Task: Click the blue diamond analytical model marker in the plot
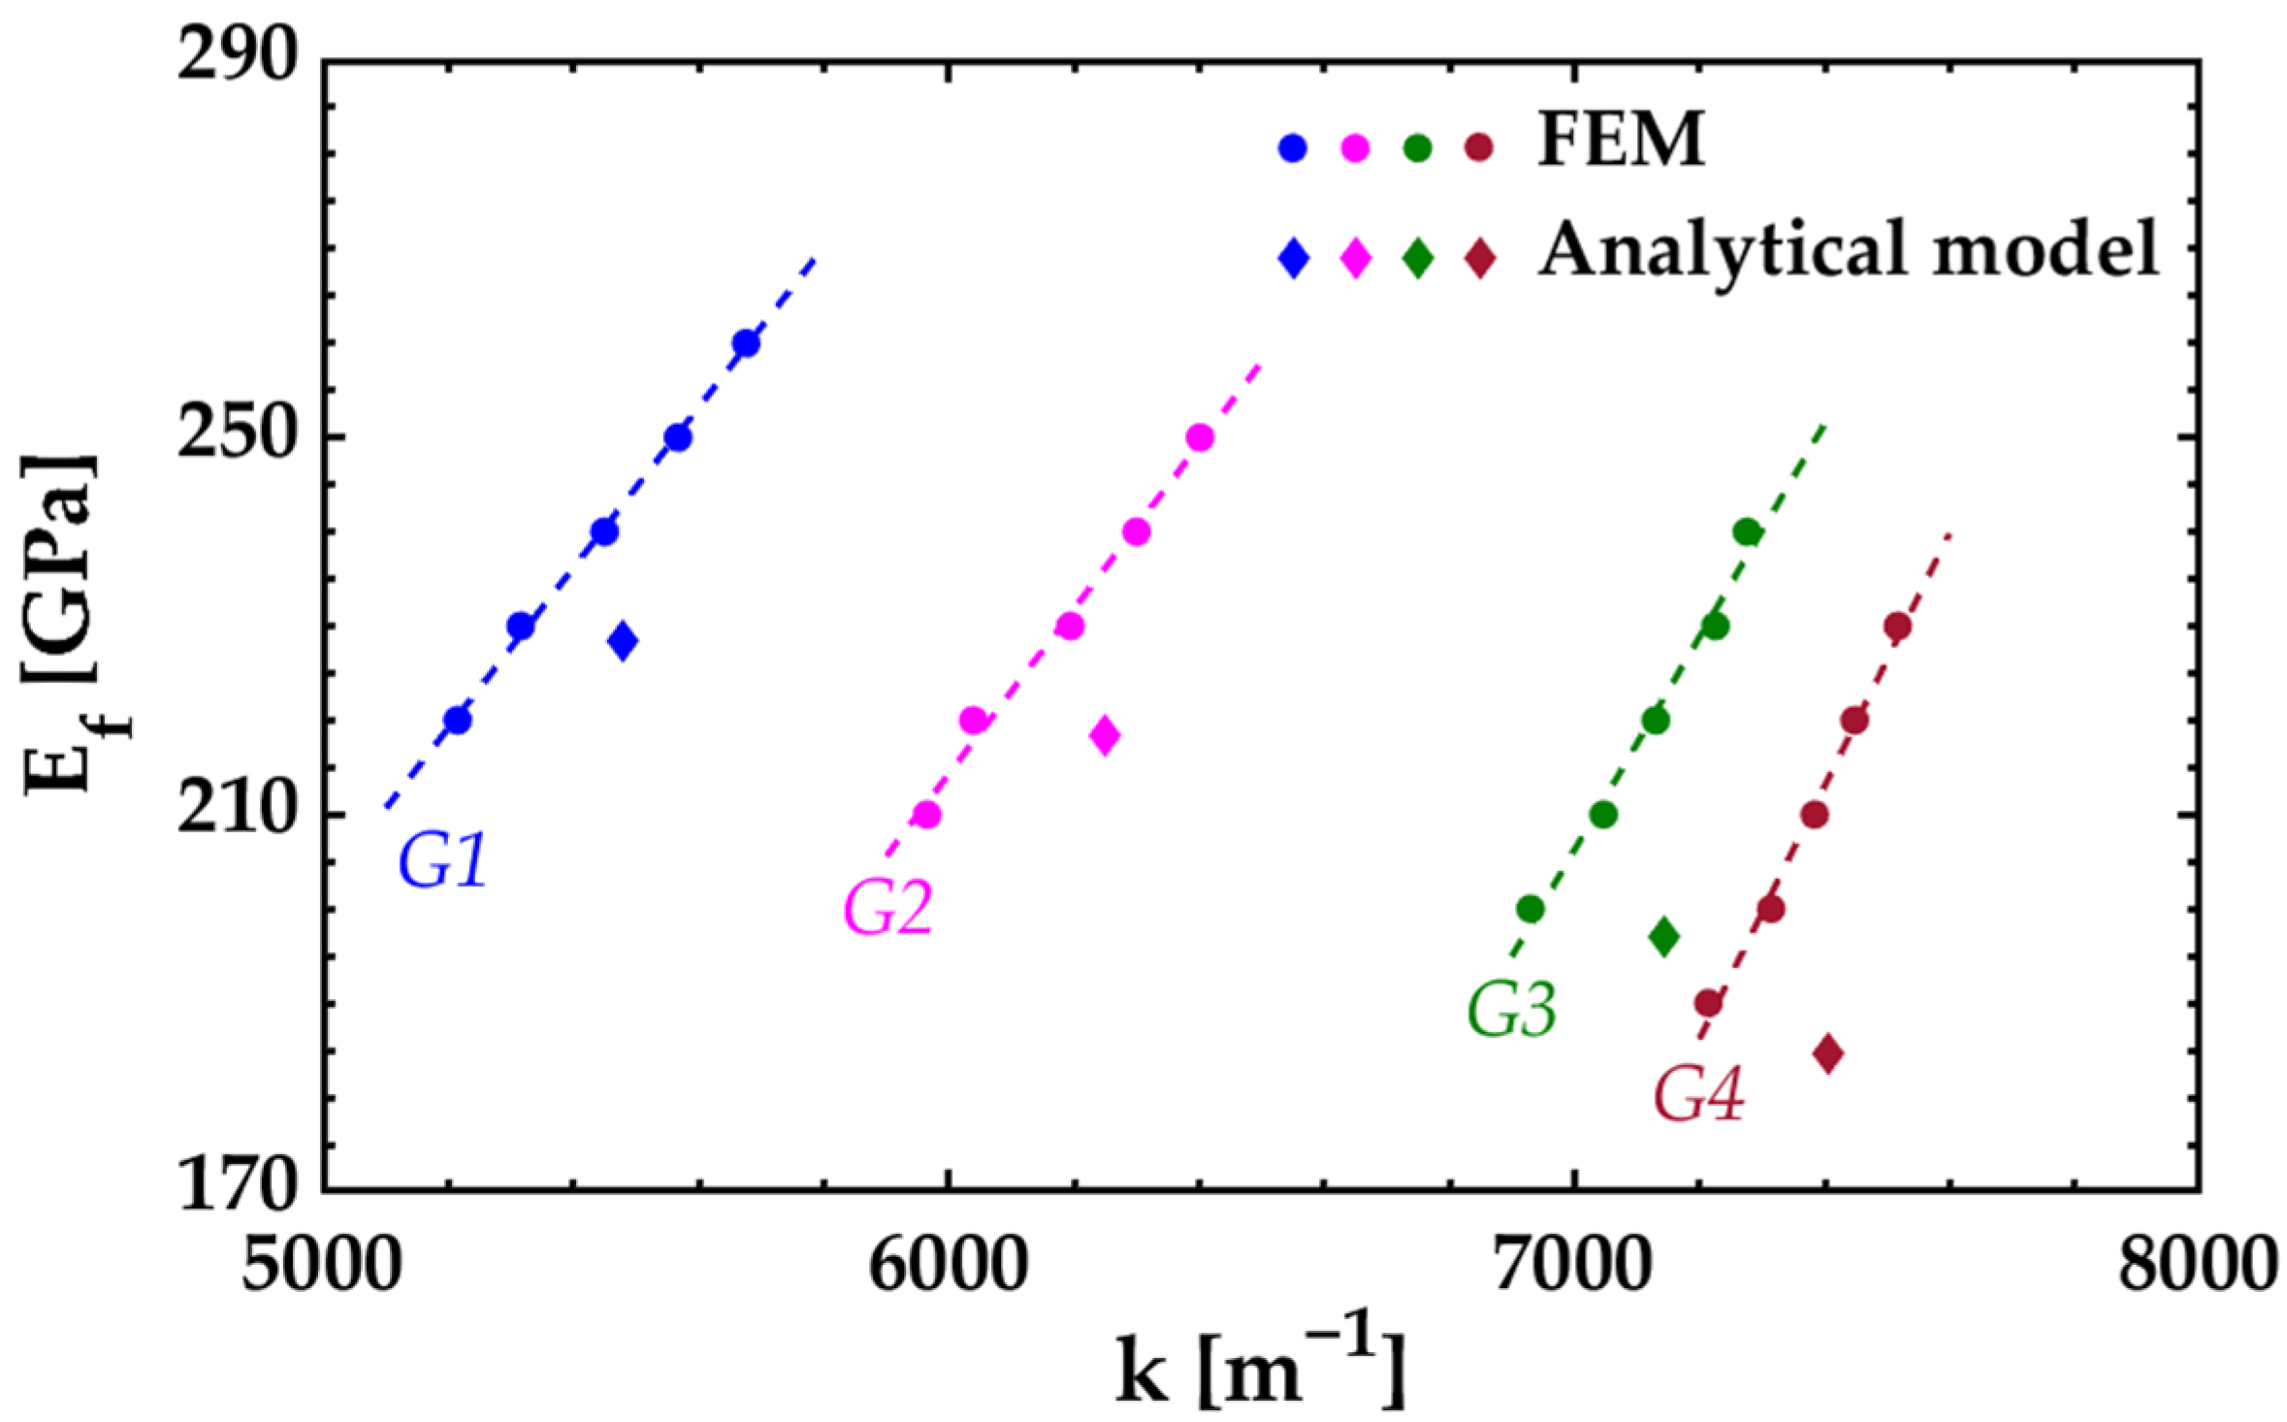623,640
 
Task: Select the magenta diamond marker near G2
1104,734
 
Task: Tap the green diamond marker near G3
1664,936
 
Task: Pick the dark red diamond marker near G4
1828,1053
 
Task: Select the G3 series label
1511,1010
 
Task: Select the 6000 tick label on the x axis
947,1271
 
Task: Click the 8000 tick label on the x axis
2196,1271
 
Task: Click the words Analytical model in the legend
1848,250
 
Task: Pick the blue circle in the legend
1293,148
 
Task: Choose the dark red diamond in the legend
1480,258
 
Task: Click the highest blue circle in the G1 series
746,343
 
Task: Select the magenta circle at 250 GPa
1200,437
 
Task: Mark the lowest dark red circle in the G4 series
1708,1003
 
